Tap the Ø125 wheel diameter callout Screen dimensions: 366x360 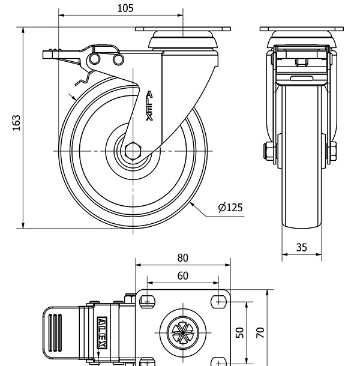(230, 208)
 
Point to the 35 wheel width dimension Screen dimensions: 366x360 (301, 246)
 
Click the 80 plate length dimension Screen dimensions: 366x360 (183, 258)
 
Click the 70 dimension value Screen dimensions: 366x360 (260, 331)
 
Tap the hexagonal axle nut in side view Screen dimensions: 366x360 (133, 151)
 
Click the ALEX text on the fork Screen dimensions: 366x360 (149, 106)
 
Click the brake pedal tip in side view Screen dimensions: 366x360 (47, 55)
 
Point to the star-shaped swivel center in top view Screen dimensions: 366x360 (181, 331)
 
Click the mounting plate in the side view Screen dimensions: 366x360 (184, 28)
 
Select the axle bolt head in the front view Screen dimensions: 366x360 (266, 150)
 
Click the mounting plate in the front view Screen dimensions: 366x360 (301, 29)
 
